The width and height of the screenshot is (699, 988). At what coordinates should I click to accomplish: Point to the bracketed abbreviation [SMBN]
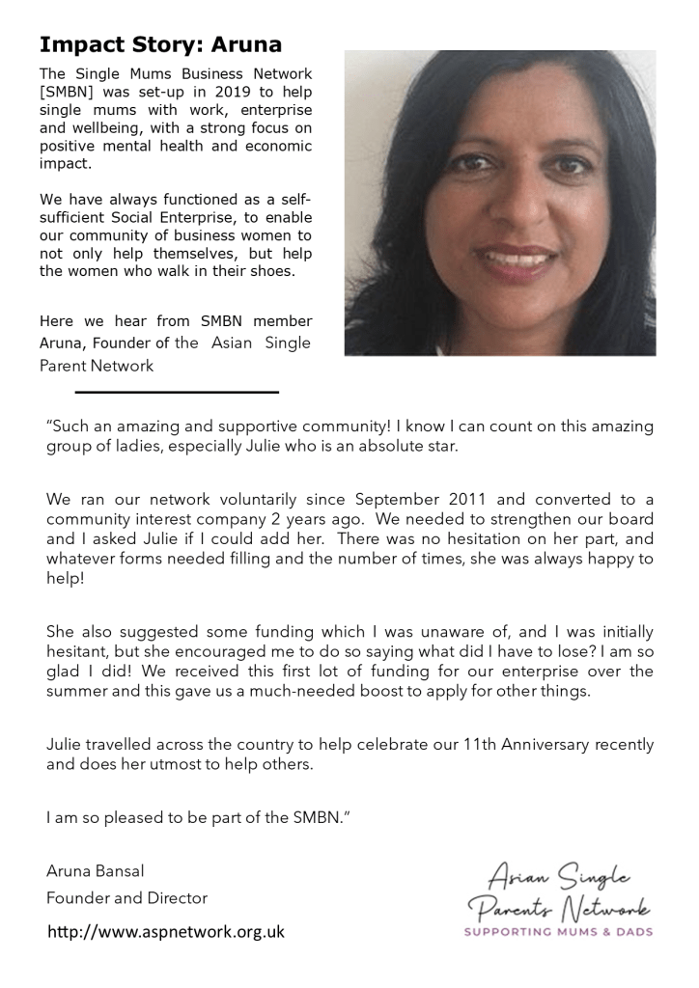tap(70, 92)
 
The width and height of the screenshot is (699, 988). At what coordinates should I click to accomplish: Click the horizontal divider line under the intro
tap(177, 392)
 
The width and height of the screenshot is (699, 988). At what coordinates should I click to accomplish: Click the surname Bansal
tap(126, 871)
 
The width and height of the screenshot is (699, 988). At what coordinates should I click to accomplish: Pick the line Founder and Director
tap(126, 898)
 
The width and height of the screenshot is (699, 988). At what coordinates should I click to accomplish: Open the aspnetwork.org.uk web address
tap(166, 932)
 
